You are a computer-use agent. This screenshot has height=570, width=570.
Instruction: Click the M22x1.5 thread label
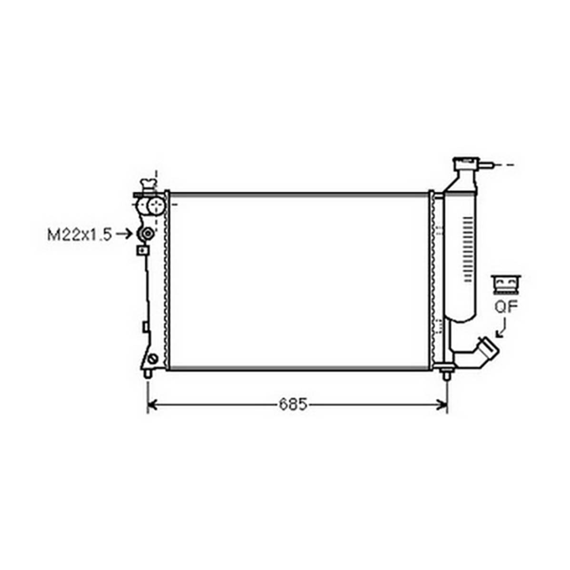coord(79,235)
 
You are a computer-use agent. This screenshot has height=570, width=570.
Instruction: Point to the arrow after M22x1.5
coord(125,234)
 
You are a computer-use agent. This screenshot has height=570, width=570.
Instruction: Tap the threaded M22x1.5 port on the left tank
coord(147,234)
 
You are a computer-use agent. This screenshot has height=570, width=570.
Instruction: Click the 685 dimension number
coord(293,404)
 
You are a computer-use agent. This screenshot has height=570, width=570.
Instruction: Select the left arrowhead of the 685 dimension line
coord(152,404)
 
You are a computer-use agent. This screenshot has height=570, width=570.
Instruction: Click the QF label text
coord(506,307)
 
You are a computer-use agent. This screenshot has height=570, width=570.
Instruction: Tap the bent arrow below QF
coord(501,328)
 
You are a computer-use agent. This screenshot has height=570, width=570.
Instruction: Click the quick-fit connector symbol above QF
coord(506,285)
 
